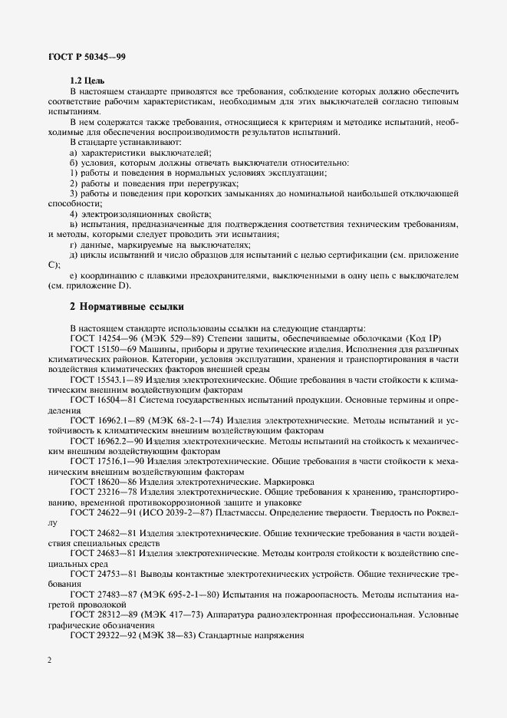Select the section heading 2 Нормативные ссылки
(x=127, y=306)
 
